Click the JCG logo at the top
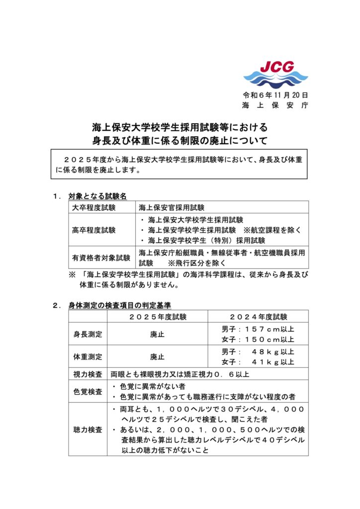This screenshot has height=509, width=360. [275, 73]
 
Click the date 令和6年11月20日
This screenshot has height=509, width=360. [275, 94]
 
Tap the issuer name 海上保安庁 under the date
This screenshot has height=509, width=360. [275, 105]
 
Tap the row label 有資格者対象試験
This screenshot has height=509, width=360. [101, 257]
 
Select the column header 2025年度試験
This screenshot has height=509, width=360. [157, 316]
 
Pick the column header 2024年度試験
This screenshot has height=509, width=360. [258, 316]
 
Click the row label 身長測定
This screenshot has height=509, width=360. [88, 334]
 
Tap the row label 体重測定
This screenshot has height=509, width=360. [88, 357]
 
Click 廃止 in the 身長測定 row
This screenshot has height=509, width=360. [157, 334]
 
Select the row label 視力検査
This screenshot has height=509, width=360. [88, 374]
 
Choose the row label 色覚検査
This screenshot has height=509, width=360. [88, 391]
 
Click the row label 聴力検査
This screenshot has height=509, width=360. [88, 429]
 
